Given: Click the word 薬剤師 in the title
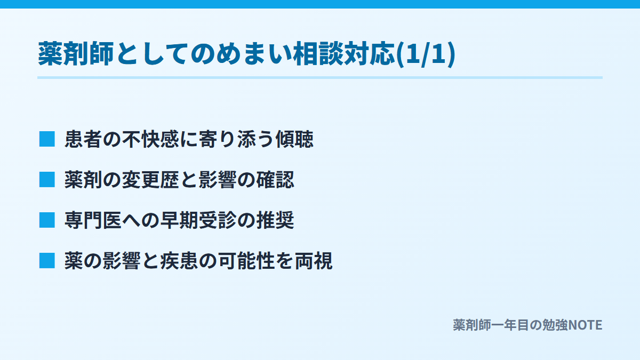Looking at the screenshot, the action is click(x=76, y=53).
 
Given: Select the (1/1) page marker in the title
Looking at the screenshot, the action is click(x=426, y=54).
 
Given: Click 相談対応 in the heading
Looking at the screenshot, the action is click(x=343, y=53).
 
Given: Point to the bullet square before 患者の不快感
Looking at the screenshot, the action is click(x=47, y=139).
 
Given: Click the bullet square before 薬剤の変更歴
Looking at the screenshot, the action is click(x=47, y=179).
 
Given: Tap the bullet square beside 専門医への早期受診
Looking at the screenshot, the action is click(x=47, y=220).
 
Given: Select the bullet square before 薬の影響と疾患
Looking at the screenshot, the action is click(x=47, y=261).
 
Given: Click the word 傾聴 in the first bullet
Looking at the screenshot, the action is click(x=294, y=139).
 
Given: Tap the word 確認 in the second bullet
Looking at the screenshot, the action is click(x=275, y=180).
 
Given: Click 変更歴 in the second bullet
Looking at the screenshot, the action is click(x=151, y=180).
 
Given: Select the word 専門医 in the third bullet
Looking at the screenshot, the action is click(x=93, y=220).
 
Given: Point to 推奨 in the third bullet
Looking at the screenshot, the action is click(x=275, y=220).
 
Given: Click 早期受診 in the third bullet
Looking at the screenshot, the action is click(x=198, y=220).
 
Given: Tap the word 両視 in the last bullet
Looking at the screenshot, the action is click(x=314, y=261).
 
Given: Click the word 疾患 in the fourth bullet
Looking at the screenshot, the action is click(x=179, y=261).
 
